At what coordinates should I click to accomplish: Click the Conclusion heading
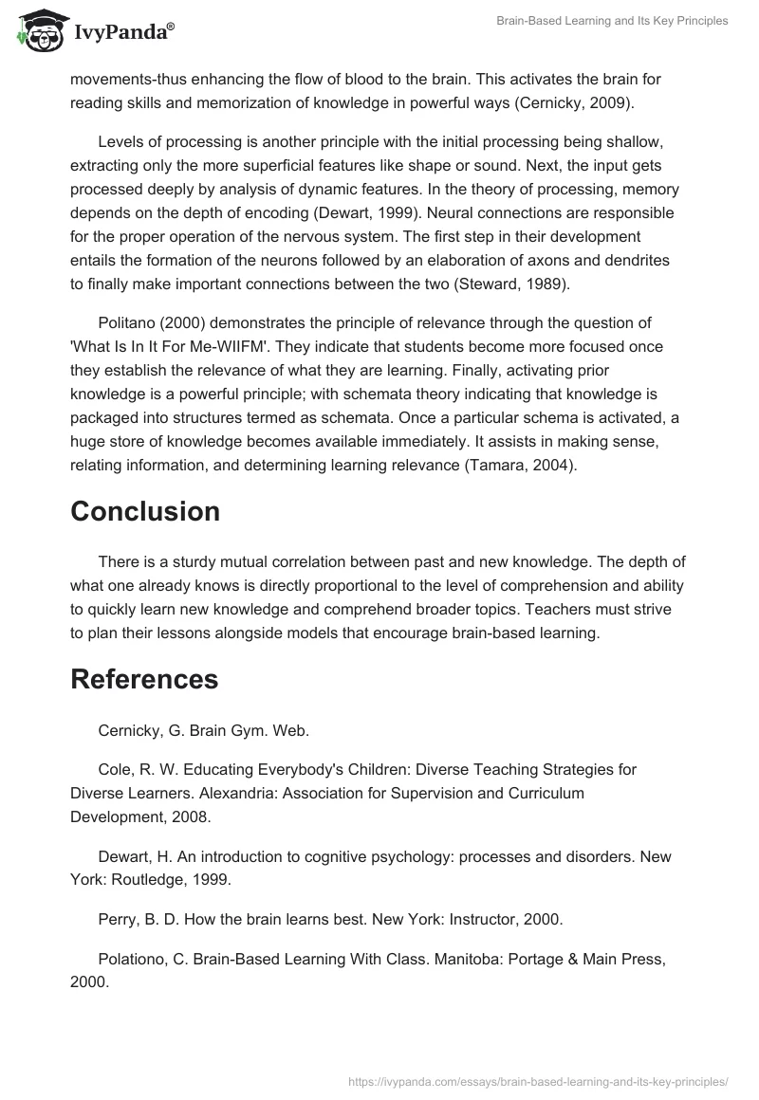(145, 511)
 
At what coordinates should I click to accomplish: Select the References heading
(144, 679)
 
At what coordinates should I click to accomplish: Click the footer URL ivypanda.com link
(538, 1080)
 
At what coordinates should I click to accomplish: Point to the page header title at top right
(612, 21)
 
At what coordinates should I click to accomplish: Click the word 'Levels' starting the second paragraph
(120, 141)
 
